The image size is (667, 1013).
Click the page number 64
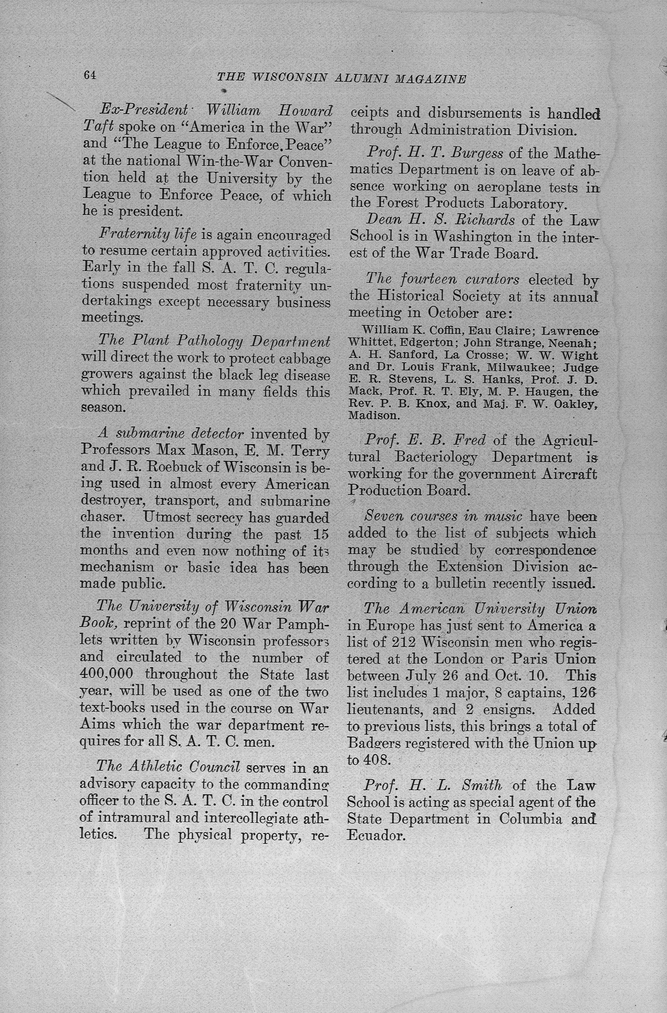90,75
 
